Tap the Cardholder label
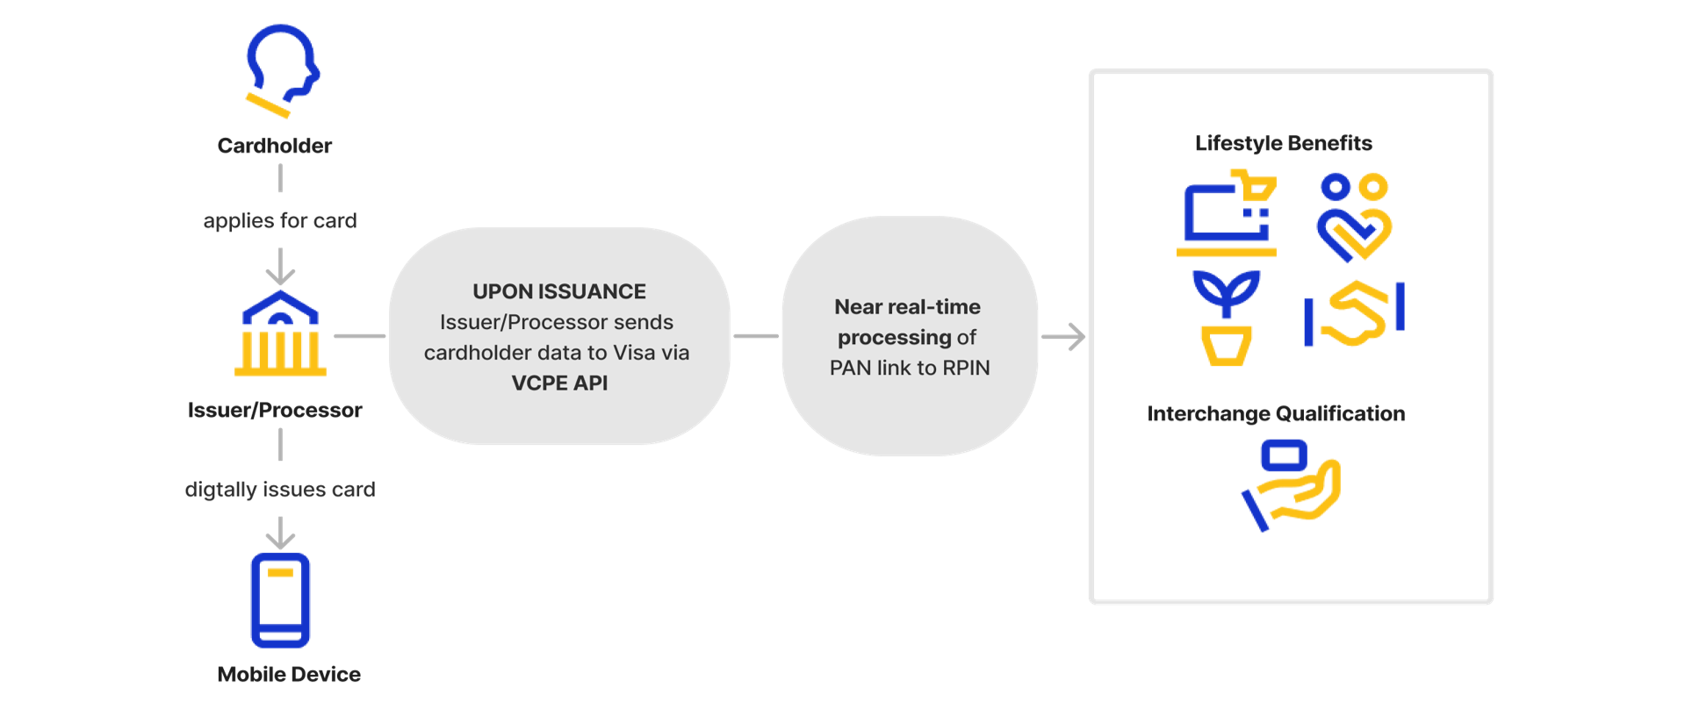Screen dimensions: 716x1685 (275, 146)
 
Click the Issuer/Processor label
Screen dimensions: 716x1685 (275, 411)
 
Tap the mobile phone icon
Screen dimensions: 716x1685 (280, 600)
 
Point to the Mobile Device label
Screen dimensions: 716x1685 (289, 675)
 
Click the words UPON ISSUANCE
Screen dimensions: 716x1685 (559, 291)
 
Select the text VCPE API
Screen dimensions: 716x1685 (559, 383)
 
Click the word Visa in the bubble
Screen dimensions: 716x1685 (634, 353)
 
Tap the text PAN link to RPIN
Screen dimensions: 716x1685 (910, 368)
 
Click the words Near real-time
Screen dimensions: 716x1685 (907, 307)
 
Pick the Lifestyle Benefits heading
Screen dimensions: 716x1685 (1283, 144)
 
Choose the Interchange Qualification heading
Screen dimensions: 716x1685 (1276, 414)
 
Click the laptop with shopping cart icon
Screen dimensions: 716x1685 (1227, 215)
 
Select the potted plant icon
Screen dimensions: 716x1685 (1226, 319)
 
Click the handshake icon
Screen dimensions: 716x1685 (1354, 314)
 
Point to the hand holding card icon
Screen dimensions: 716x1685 (1291, 485)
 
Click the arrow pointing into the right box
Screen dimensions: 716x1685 (1065, 337)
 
